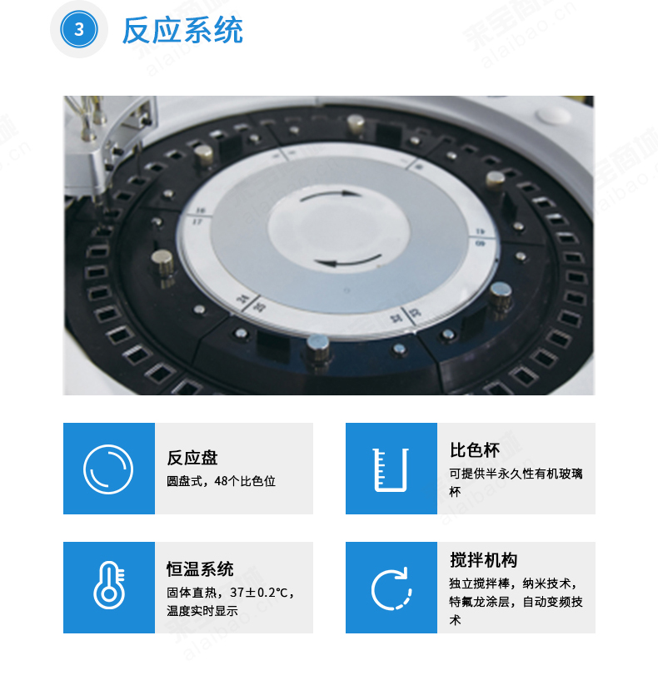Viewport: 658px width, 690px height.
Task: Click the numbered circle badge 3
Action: pyautogui.click(x=79, y=29)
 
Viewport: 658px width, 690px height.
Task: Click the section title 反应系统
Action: pyautogui.click(x=182, y=30)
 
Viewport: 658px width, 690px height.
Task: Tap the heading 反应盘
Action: pyautogui.click(x=192, y=458)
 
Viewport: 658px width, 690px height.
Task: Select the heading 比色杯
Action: pyautogui.click(x=474, y=450)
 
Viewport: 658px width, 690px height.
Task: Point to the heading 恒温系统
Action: pyautogui.click(x=200, y=569)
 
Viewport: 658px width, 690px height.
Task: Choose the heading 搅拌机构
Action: pyautogui.click(x=483, y=560)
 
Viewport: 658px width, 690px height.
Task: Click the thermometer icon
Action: pyautogui.click(x=109, y=585)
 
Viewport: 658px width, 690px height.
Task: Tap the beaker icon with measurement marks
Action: pyautogui.click(x=391, y=469)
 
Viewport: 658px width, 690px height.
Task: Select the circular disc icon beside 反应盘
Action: pyautogui.click(x=108, y=469)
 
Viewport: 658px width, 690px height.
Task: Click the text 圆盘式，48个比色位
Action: pyautogui.click(x=221, y=481)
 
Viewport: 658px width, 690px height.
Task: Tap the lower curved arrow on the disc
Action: pyautogui.click(x=349, y=261)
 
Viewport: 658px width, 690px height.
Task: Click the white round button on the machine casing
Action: pyautogui.click(x=552, y=115)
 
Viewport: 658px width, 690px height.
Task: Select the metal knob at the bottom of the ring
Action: pyautogui.click(x=317, y=348)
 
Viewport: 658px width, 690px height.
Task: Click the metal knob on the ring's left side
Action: pyautogui.click(x=162, y=263)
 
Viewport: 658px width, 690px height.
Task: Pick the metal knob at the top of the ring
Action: pyautogui.click(x=356, y=123)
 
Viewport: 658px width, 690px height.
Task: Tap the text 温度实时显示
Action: pyautogui.click(x=202, y=611)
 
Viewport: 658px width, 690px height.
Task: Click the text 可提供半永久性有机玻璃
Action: pyautogui.click(x=516, y=474)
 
